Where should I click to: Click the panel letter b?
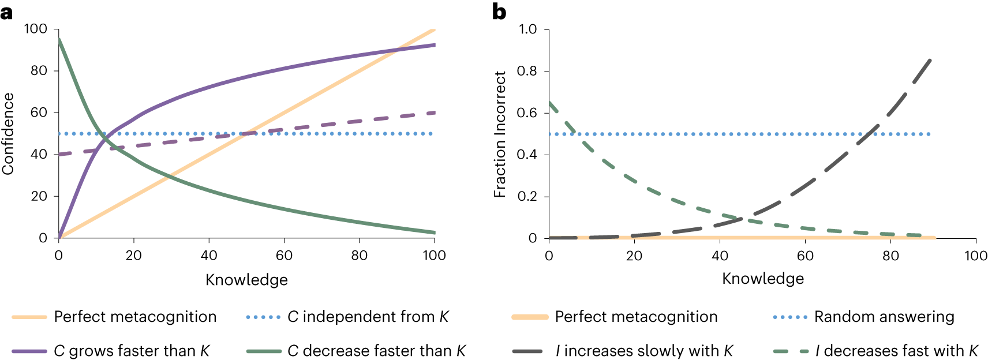click(499, 12)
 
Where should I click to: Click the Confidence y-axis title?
click(8, 134)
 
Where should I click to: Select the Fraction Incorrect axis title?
click(500, 134)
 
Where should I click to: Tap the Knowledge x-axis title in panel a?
click(246, 280)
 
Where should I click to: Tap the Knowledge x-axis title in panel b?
click(762, 279)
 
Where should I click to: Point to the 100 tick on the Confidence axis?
click(35, 29)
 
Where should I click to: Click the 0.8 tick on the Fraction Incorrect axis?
click(527, 71)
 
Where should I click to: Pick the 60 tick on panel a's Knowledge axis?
click(284, 255)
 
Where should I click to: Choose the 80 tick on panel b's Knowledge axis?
click(890, 256)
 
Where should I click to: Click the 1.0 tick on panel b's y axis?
click(527, 29)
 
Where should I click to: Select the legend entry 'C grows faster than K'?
click(111, 351)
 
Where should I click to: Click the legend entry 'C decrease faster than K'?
click(356, 351)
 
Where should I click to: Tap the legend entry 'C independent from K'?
click(347, 317)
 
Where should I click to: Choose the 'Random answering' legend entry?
click(863, 317)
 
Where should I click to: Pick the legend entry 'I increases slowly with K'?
click(623, 351)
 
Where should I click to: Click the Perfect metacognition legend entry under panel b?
click(615, 317)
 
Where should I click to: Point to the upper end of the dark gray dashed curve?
click(931, 60)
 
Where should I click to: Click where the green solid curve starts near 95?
click(59, 40)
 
